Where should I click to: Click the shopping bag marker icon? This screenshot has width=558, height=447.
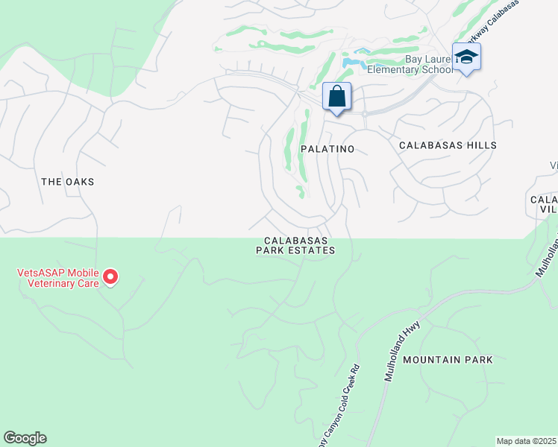(x=336, y=96)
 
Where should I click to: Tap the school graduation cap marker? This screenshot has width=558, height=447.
(x=466, y=57)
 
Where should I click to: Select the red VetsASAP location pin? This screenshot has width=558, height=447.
(x=110, y=277)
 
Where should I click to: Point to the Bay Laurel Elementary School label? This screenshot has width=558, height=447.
(x=428, y=65)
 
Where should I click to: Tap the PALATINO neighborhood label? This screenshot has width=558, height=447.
(x=327, y=149)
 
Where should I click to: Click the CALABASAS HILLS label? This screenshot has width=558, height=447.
(x=448, y=145)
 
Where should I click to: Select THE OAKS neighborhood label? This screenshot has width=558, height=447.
(x=68, y=182)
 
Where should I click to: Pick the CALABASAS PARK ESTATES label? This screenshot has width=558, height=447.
(x=295, y=245)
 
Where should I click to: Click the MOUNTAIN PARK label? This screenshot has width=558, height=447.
(x=448, y=360)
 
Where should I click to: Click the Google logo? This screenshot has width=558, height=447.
(x=25, y=438)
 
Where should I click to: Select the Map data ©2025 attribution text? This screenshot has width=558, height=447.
(x=527, y=441)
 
